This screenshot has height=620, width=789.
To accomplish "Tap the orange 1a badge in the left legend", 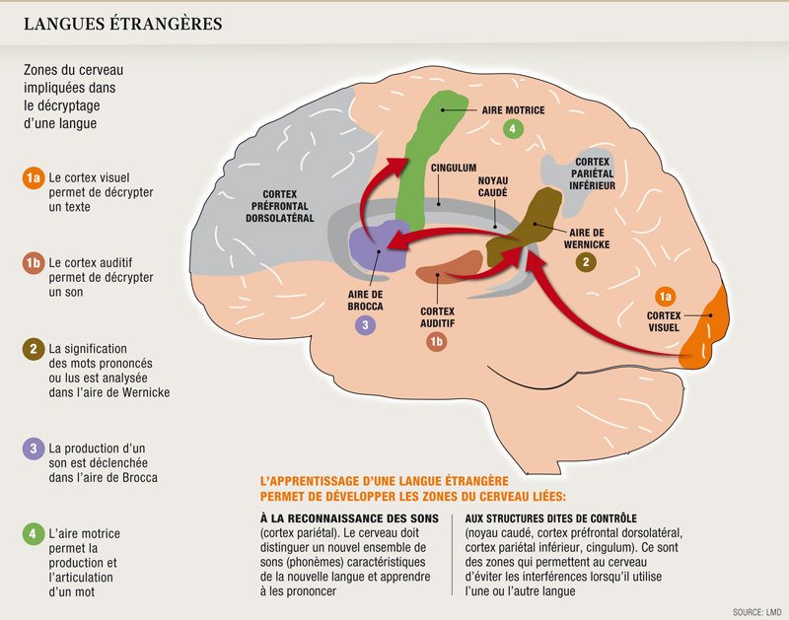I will tap(33, 177).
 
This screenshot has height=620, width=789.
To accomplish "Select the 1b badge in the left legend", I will tap(33, 262).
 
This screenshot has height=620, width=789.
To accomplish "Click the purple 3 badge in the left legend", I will tap(33, 448).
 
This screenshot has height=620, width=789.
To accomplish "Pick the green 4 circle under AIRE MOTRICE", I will tap(512, 129).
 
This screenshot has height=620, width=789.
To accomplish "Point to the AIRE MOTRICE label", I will tap(513, 110).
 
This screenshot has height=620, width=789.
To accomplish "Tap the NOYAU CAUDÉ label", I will tap(493, 188).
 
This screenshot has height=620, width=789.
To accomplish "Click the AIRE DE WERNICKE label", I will tap(585, 236).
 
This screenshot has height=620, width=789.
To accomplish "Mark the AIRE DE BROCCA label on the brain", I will tap(365, 301).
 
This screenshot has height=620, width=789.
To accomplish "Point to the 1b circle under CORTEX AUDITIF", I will tap(437, 342).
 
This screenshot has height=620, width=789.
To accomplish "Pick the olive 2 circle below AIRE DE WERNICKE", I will tap(586, 262).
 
